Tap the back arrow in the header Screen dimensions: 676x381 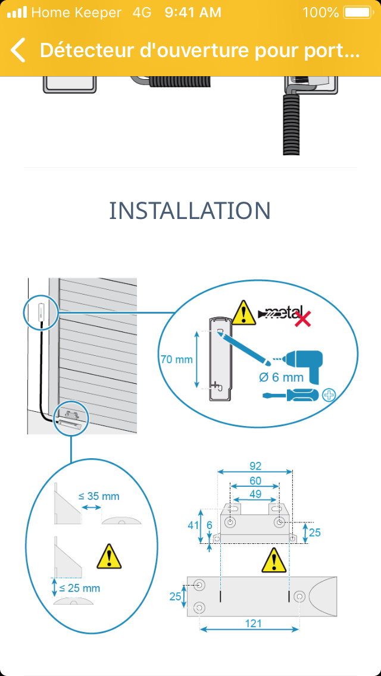pos(18,51)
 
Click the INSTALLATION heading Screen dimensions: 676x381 pos(190,211)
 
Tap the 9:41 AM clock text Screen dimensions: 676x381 pos(193,12)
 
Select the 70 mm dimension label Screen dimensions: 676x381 pos(176,359)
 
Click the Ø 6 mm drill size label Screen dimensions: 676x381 pos(281,377)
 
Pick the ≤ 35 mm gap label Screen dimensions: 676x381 pos(99,496)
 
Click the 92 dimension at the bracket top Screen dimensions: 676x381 pos(255,466)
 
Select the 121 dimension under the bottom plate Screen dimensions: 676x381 pos(252,623)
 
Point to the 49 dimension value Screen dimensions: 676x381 pos(255,495)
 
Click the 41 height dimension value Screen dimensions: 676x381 pos(192,525)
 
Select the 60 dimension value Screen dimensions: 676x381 pos(255,480)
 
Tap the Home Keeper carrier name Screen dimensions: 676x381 pos(76,12)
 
